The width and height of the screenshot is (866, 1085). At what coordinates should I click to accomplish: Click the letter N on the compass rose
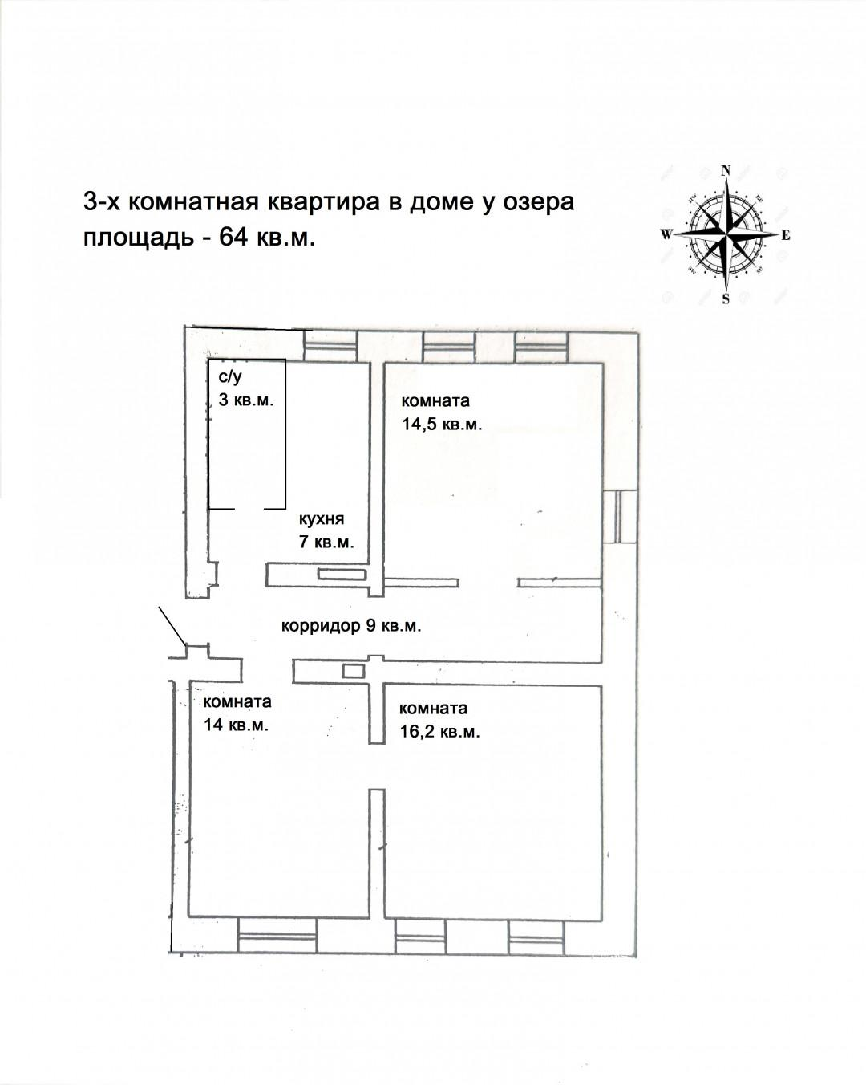click(726, 170)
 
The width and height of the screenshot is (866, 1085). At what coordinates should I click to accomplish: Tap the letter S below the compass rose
click(726, 300)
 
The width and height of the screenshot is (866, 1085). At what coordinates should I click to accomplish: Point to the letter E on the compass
click(786, 235)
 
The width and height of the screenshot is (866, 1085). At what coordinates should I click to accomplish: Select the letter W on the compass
click(666, 235)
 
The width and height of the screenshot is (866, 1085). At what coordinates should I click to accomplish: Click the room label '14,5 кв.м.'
click(442, 425)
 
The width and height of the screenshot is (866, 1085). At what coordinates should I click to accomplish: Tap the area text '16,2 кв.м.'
click(439, 732)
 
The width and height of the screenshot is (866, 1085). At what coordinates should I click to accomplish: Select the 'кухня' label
click(321, 518)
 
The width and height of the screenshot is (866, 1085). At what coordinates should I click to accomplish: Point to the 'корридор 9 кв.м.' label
click(351, 626)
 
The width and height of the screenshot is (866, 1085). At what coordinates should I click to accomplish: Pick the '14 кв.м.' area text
click(236, 725)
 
